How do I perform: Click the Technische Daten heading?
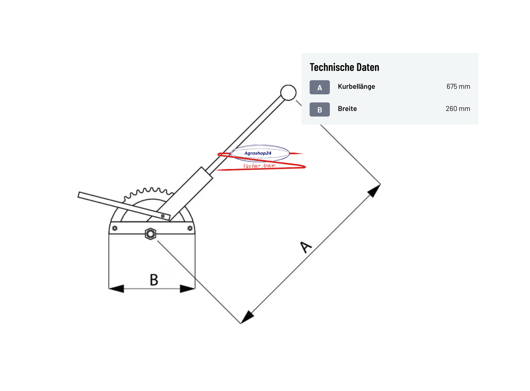click(x=344, y=67)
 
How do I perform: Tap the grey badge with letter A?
click(x=319, y=87)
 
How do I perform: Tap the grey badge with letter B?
click(x=319, y=110)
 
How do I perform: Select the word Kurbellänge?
click(x=356, y=86)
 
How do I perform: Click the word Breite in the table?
click(x=347, y=109)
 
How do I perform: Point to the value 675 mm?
click(x=458, y=86)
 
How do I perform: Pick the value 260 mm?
click(x=458, y=109)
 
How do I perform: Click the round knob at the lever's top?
click(x=288, y=92)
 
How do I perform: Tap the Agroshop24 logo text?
click(x=258, y=153)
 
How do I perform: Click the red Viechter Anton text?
click(x=259, y=166)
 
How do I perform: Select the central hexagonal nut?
click(x=150, y=234)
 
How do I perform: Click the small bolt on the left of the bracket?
click(x=115, y=228)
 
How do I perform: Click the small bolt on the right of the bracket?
click(x=190, y=228)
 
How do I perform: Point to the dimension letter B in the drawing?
click(x=154, y=280)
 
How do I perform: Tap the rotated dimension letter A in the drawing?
click(x=306, y=247)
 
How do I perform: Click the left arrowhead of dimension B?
click(x=116, y=289)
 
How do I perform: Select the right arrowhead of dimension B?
click(x=187, y=289)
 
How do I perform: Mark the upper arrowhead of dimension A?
click(x=374, y=190)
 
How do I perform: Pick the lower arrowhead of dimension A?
click(x=247, y=317)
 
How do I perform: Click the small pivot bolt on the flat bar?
click(x=163, y=216)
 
